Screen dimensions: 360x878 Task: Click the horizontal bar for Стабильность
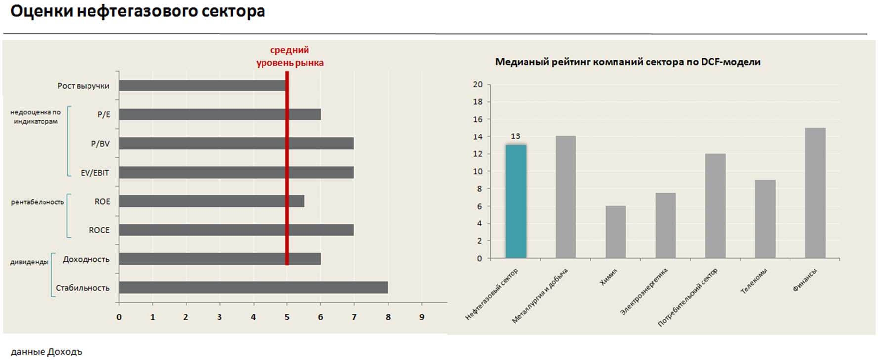coord(253,288)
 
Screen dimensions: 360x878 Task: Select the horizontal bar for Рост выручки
coord(202,86)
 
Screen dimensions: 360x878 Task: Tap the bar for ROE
coord(211,201)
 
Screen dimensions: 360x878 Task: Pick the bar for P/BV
coord(236,143)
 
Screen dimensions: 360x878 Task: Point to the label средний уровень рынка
coord(290,56)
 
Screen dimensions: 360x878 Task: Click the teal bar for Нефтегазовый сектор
coord(516,202)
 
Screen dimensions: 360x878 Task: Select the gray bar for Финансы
coord(815,193)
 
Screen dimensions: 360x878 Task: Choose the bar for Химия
coord(615,232)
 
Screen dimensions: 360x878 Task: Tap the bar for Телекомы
coord(765,219)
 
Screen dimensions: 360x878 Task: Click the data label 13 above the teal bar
coord(515,136)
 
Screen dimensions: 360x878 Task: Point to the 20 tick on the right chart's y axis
coord(478,85)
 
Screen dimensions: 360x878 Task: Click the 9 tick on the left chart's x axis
coord(422,317)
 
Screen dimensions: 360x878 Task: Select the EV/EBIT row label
coord(95,173)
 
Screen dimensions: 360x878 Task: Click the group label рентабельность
coord(38,202)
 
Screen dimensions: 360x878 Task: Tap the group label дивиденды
coord(29,262)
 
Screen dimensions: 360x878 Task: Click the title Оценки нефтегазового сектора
coord(138,11)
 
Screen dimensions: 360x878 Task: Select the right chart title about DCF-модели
coord(628,62)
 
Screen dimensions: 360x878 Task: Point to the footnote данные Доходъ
coord(46,352)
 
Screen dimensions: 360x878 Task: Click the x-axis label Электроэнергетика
coord(644,291)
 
